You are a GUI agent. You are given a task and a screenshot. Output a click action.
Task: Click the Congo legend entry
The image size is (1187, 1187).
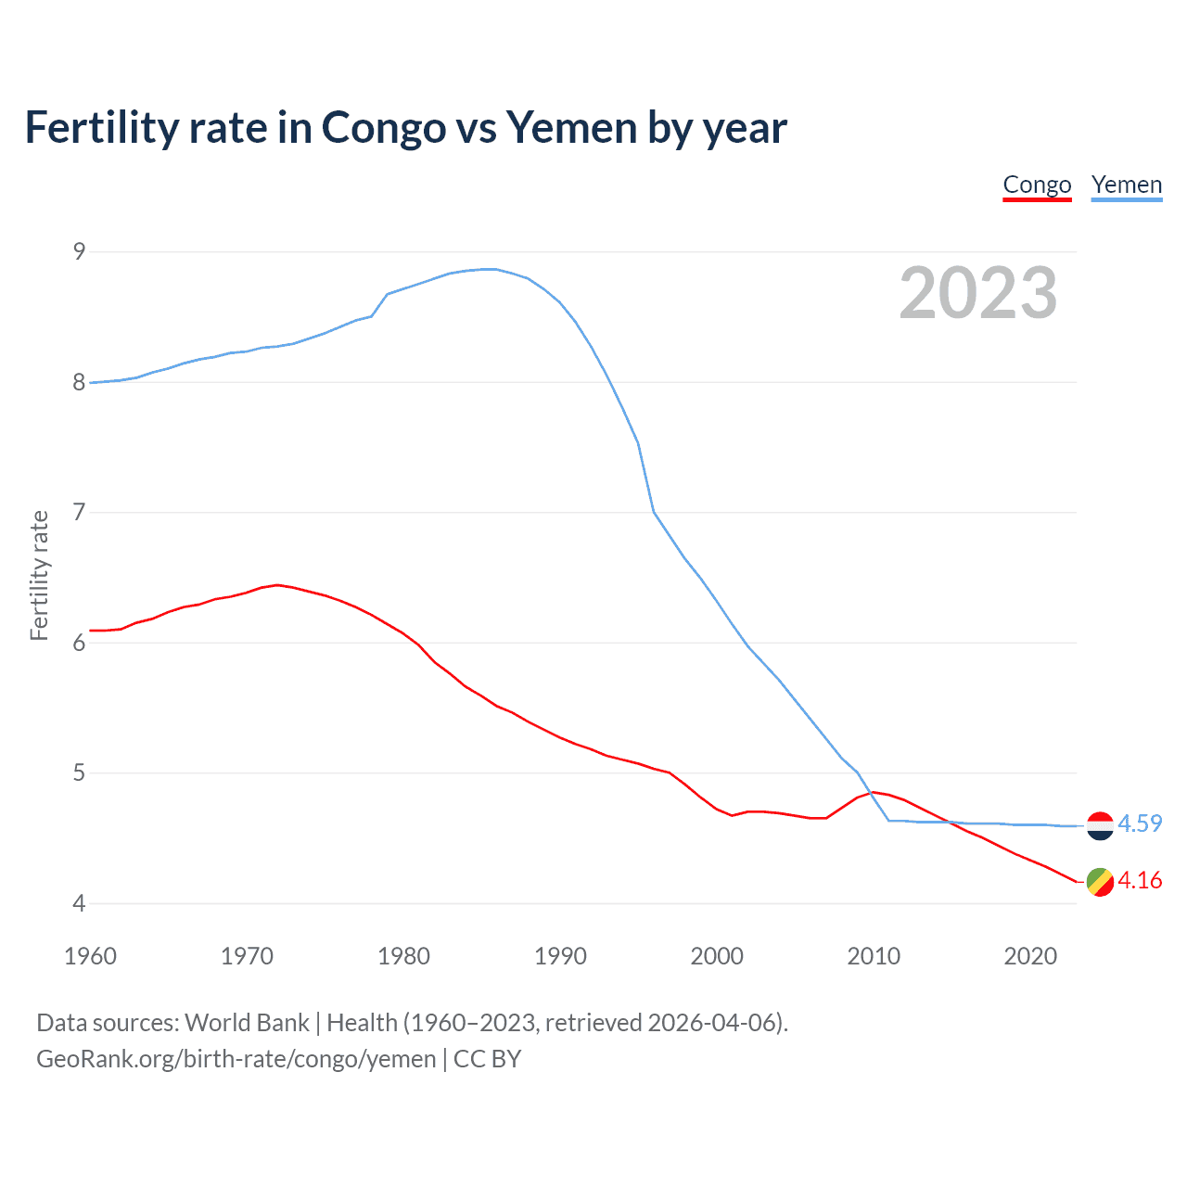1037,185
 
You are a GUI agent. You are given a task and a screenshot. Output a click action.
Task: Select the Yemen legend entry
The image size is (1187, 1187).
1126,185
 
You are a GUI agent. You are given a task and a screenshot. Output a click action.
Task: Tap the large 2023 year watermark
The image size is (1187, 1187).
977,293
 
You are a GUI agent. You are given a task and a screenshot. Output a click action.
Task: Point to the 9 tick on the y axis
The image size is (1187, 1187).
79,251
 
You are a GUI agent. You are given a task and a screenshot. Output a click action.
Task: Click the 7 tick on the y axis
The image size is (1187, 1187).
79,512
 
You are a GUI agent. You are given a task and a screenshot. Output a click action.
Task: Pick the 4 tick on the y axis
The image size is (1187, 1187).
79,903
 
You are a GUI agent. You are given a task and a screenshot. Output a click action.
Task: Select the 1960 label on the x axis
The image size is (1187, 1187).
90,956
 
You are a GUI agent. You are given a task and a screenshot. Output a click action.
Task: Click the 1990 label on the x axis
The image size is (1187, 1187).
560,956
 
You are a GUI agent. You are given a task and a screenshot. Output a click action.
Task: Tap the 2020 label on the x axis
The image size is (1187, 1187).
1030,956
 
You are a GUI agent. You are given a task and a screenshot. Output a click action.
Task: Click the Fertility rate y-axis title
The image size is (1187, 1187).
39,575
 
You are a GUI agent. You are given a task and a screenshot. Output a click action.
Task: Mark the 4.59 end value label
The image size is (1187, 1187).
1140,823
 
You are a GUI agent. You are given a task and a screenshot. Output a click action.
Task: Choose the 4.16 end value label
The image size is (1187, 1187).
1140,880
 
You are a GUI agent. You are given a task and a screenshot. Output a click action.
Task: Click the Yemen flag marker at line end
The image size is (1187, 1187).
1100,825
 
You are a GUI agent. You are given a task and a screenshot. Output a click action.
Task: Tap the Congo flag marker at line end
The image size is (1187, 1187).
1100,882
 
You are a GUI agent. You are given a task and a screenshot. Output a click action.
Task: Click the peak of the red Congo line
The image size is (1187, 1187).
277,585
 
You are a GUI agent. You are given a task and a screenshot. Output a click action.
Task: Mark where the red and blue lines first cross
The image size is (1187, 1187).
873,793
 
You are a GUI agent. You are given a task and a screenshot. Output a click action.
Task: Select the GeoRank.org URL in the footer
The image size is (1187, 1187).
236,1059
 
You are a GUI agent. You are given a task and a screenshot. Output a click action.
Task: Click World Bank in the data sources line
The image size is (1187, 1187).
247,1023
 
